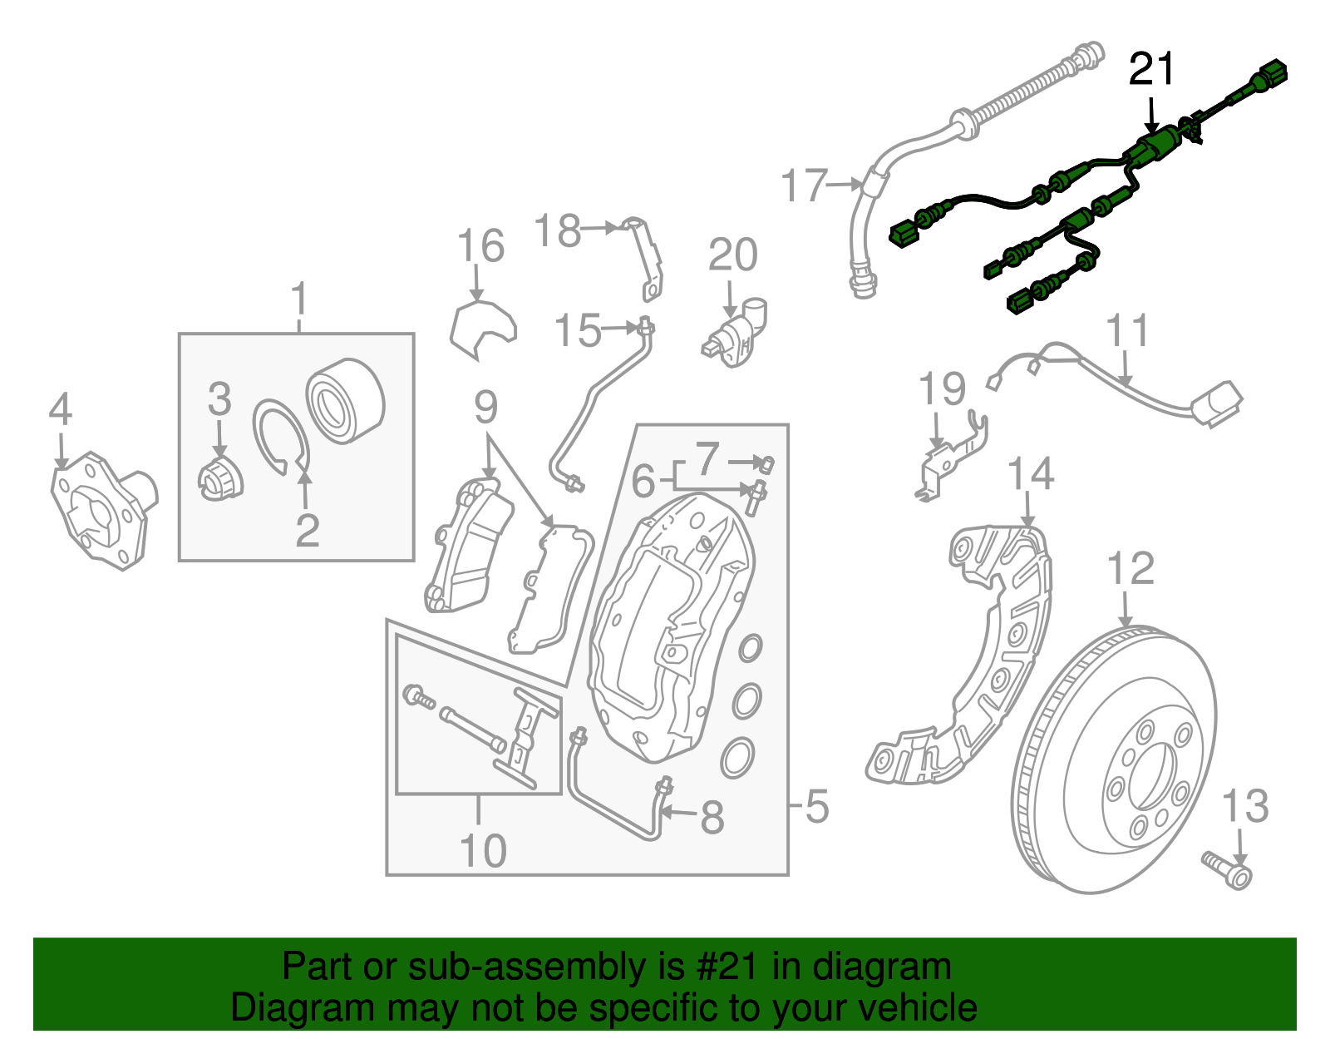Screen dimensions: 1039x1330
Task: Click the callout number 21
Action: coord(1151,69)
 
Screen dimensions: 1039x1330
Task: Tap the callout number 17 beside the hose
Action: coord(805,186)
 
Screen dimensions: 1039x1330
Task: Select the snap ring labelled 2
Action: coord(281,437)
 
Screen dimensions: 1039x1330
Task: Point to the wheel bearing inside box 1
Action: coord(345,401)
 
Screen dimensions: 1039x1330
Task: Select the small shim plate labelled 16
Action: coord(482,329)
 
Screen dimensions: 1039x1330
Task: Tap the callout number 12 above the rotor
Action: coord(1130,570)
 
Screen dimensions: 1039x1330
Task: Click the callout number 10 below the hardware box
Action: coord(482,850)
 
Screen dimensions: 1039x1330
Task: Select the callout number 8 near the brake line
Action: coord(712,817)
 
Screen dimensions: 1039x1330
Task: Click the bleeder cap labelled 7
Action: coord(767,463)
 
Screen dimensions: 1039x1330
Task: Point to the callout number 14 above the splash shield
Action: coord(1030,474)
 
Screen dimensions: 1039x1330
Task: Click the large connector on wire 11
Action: coord(1216,403)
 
